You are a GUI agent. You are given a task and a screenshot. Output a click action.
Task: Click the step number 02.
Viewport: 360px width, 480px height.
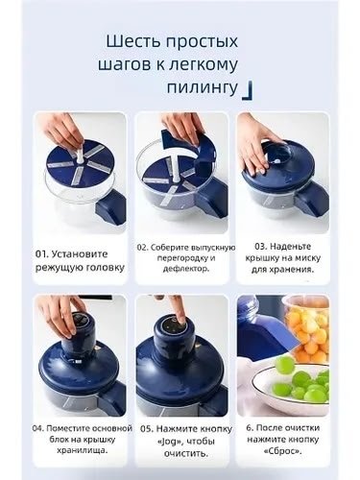click(x=143, y=246)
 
